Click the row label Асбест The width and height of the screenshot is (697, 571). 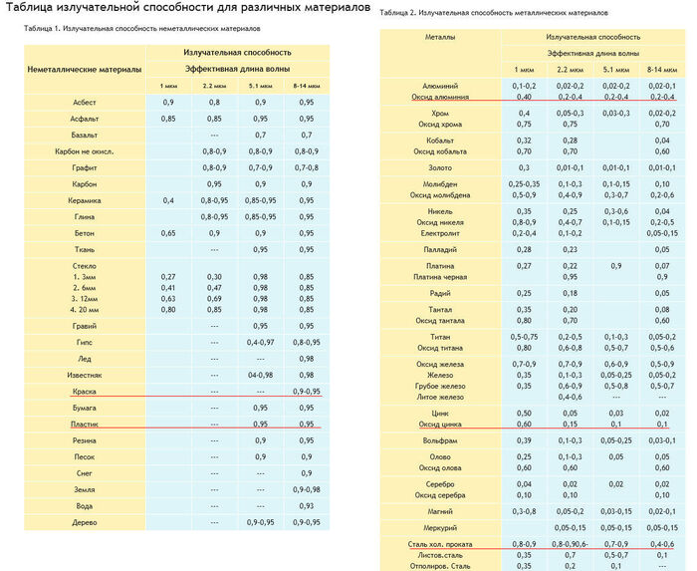pos(85,103)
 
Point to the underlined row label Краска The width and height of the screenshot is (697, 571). pos(85,392)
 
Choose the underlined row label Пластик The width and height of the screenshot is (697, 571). pos(85,424)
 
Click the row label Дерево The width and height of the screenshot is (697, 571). pos(85,521)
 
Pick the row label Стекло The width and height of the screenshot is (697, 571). pos(84,265)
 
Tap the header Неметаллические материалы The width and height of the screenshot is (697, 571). pos(84,69)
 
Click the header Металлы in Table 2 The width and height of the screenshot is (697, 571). pos(440,36)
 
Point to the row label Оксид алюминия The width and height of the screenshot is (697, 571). pos(440,97)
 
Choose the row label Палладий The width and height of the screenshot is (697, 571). pos(440,248)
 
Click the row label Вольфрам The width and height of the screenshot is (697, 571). pos(440,439)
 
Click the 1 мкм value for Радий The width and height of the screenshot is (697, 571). pos(524,293)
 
